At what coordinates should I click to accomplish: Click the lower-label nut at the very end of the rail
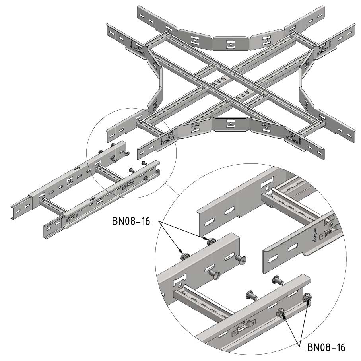307,298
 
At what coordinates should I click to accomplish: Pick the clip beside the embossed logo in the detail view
330,229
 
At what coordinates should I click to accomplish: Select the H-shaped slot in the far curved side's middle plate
230,44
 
